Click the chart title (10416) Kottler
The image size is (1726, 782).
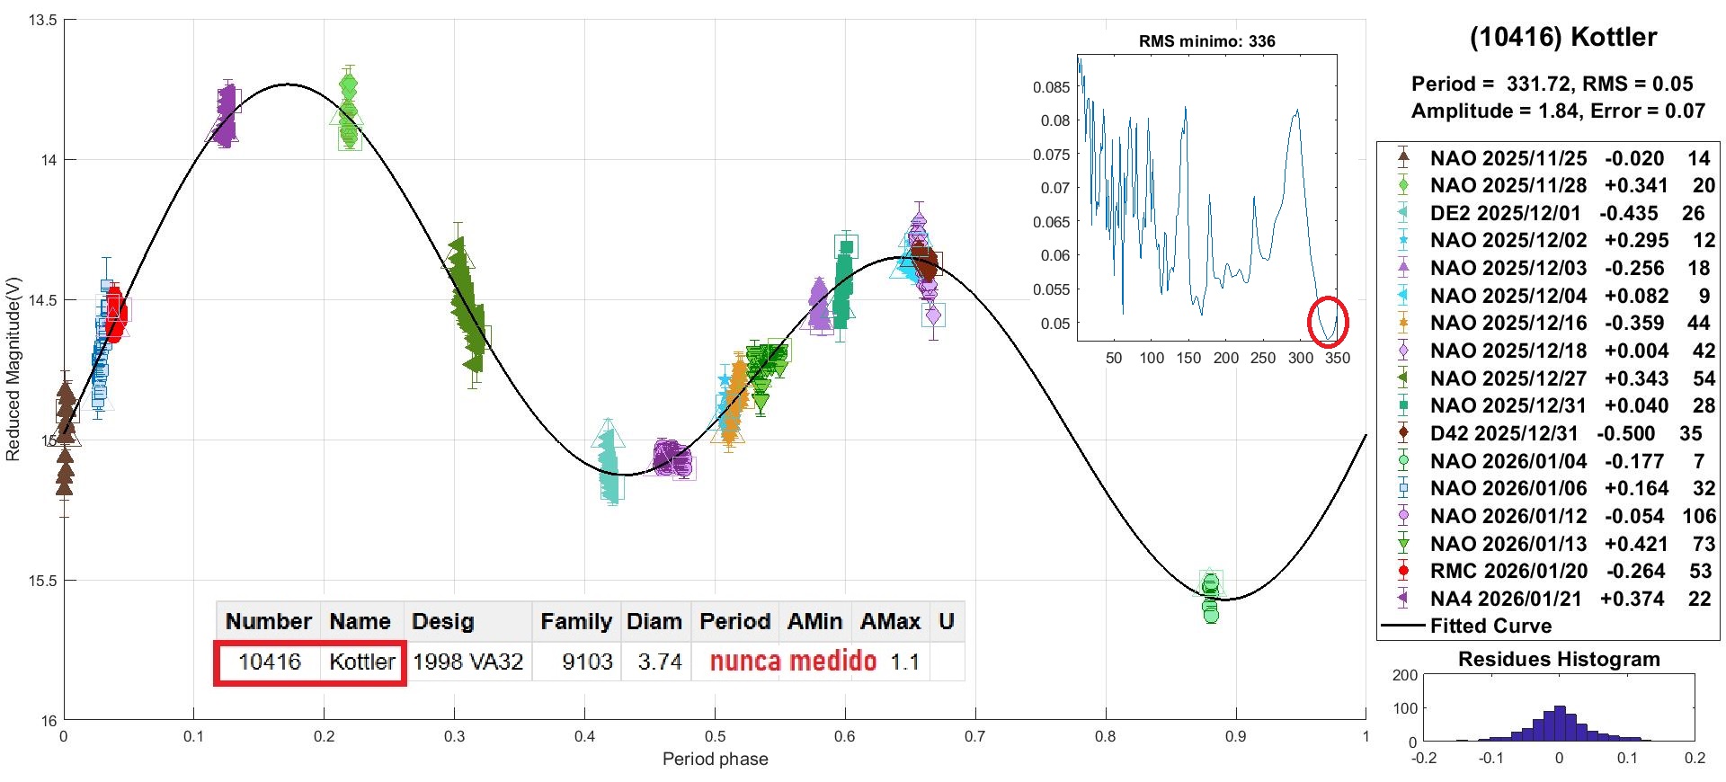(x=1562, y=38)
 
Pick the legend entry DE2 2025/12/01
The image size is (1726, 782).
(x=1505, y=213)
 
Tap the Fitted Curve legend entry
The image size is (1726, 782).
(x=1490, y=626)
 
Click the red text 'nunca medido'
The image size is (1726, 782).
(x=793, y=662)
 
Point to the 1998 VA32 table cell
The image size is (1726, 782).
(x=467, y=662)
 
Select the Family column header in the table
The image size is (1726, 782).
(x=575, y=621)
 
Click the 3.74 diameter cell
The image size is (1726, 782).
(x=659, y=662)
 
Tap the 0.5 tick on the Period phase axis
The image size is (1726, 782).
(x=715, y=737)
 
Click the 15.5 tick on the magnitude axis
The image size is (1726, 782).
(x=41, y=581)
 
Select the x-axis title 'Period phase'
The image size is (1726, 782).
(x=715, y=760)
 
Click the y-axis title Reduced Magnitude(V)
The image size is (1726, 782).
(x=13, y=369)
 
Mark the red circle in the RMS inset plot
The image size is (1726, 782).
(x=1327, y=322)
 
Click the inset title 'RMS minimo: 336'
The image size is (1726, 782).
(x=1206, y=41)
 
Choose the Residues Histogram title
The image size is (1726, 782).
(x=1558, y=659)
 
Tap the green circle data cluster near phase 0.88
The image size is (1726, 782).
(x=1211, y=596)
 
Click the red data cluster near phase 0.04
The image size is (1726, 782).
(x=115, y=315)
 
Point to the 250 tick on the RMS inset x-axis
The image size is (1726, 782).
(x=1263, y=358)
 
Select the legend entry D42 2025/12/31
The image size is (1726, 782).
(x=1503, y=433)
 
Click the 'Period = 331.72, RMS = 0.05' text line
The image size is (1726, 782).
(x=1552, y=84)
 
